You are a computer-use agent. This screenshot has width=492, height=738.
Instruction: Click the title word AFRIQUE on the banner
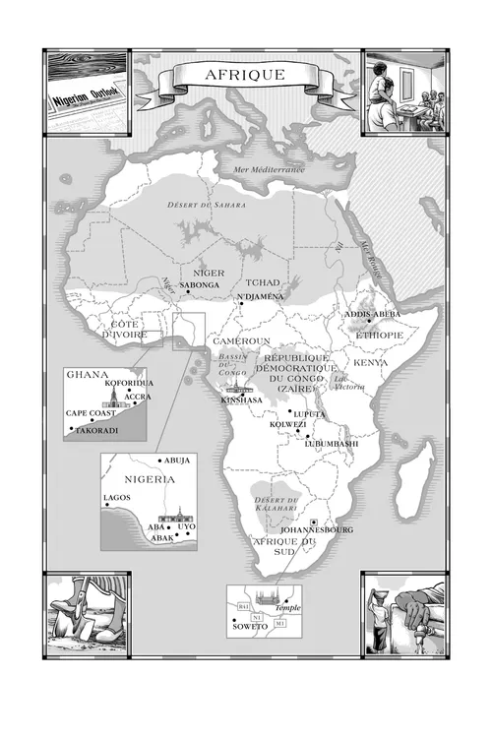245,75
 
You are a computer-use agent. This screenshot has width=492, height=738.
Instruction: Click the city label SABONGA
201,284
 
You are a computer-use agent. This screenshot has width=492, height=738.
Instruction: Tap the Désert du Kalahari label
277,506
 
